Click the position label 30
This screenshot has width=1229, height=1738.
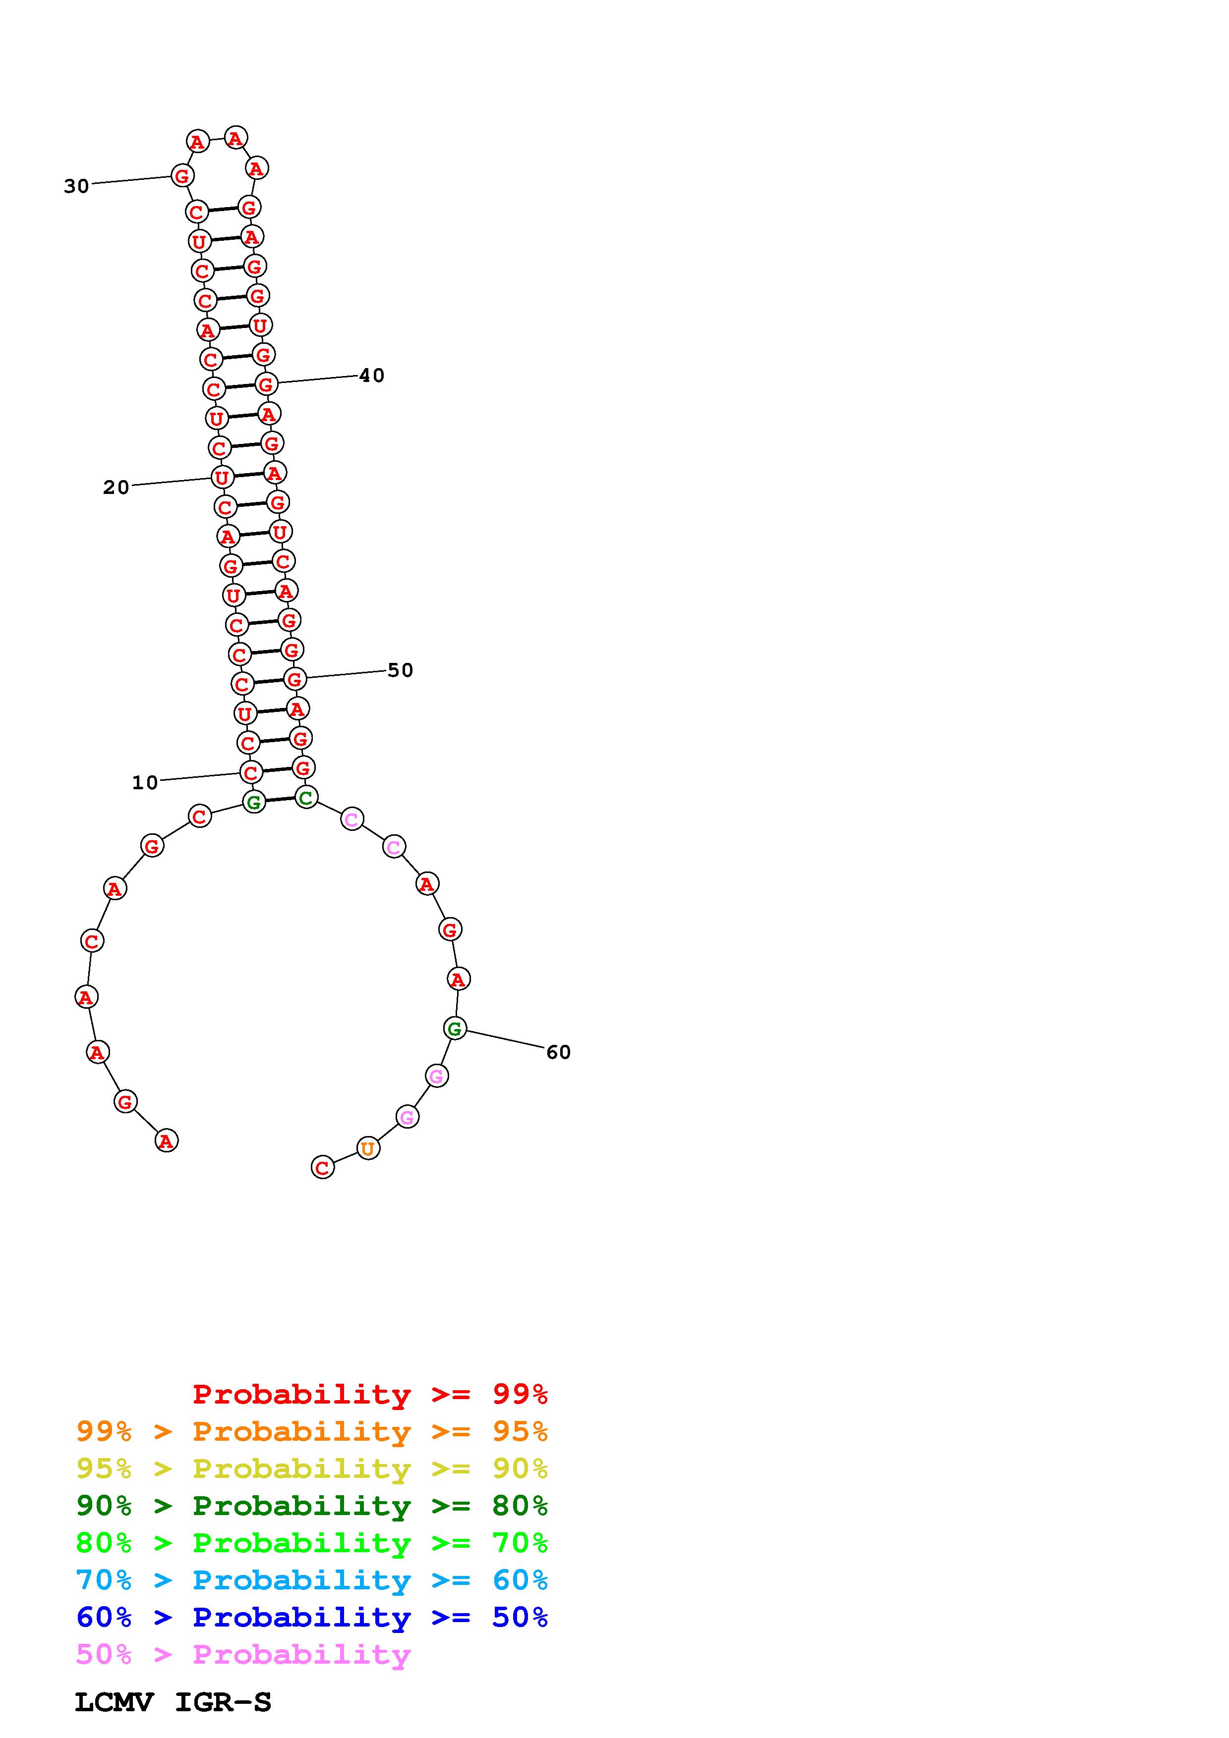pyautogui.click(x=76, y=186)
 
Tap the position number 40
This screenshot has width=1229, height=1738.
pyautogui.click(x=372, y=376)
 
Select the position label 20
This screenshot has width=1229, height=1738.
pyautogui.click(x=116, y=488)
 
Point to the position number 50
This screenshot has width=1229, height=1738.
pyautogui.click(x=401, y=670)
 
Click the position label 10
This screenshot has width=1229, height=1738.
pyautogui.click(x=145, y=783)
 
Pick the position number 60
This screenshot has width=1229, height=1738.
pyautogui.click(x=558, y=1052)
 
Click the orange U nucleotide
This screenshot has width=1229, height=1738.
pyautogui.click(x=368, y=1148)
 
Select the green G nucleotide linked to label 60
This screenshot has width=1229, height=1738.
pyautogui.click(x=454, y=1028)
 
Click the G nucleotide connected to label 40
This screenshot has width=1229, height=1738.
pyautogui.click(x=266, y=384)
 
